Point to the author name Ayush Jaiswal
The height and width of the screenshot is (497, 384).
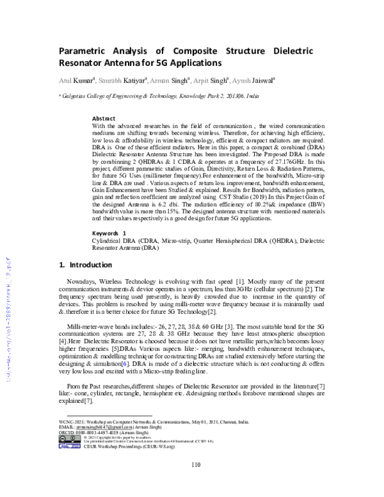tap(253, 80)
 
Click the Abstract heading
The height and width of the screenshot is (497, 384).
tap(104, 119)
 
